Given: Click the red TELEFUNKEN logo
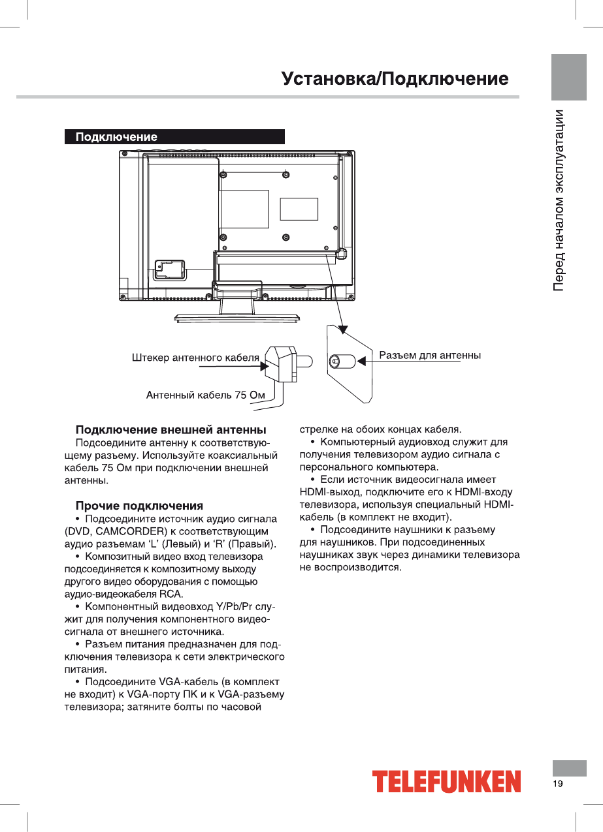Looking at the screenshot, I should (x=447, y=782).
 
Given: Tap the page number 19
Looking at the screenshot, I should (x=558, y=784).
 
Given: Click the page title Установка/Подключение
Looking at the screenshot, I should (x=395, y=80).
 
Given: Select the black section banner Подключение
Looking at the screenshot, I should (x=174, y=137).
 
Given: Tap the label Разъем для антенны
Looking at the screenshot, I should (x=430, y=356).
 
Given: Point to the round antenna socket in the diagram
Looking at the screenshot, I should (x=335, y=361).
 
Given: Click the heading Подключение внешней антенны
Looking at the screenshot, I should (x=171, y=430).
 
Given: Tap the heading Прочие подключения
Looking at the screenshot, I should (x=139, y=506).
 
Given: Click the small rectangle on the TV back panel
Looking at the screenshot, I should (x=299, y=209).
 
